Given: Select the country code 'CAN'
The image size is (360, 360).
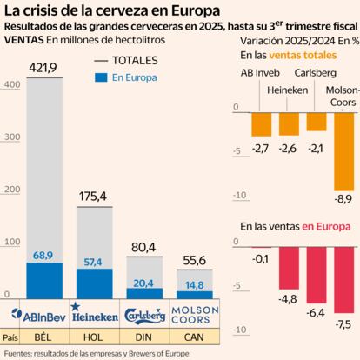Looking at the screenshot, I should click(x=193, y=336).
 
